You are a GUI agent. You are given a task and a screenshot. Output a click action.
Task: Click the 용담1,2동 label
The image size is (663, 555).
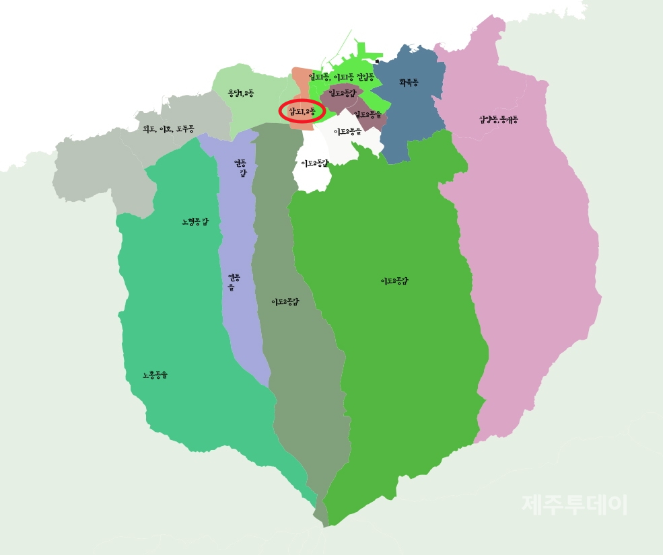240,94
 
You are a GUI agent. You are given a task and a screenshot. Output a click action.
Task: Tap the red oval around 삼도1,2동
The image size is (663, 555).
302,111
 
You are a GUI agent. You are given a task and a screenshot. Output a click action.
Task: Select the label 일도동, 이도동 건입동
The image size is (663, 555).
341,78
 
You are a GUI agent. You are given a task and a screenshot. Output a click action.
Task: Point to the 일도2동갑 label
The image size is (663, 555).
342,93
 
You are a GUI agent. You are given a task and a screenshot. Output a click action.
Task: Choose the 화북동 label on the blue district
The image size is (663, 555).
409,82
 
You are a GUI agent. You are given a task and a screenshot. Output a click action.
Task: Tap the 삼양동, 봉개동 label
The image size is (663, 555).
499,120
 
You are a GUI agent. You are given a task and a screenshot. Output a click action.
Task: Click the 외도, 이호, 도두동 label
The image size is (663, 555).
168,128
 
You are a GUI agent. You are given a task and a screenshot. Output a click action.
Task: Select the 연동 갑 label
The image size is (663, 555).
240,168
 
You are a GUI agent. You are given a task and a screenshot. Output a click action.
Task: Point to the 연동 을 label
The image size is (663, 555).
234,281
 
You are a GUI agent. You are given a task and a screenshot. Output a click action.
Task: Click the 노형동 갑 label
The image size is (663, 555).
195,221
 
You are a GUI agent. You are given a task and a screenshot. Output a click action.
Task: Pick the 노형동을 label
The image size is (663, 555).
155,375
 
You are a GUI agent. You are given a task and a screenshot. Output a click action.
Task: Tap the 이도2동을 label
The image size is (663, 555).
348,131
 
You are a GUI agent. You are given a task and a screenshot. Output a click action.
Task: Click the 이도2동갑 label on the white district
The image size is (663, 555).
314,163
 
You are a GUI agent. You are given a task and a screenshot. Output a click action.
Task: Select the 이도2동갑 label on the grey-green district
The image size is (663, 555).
285,301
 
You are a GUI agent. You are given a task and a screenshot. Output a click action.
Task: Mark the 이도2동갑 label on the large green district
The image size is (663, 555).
394,281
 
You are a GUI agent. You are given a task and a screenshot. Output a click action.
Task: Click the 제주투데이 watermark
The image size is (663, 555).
574,504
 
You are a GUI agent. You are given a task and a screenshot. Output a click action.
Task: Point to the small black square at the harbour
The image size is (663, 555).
377,61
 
